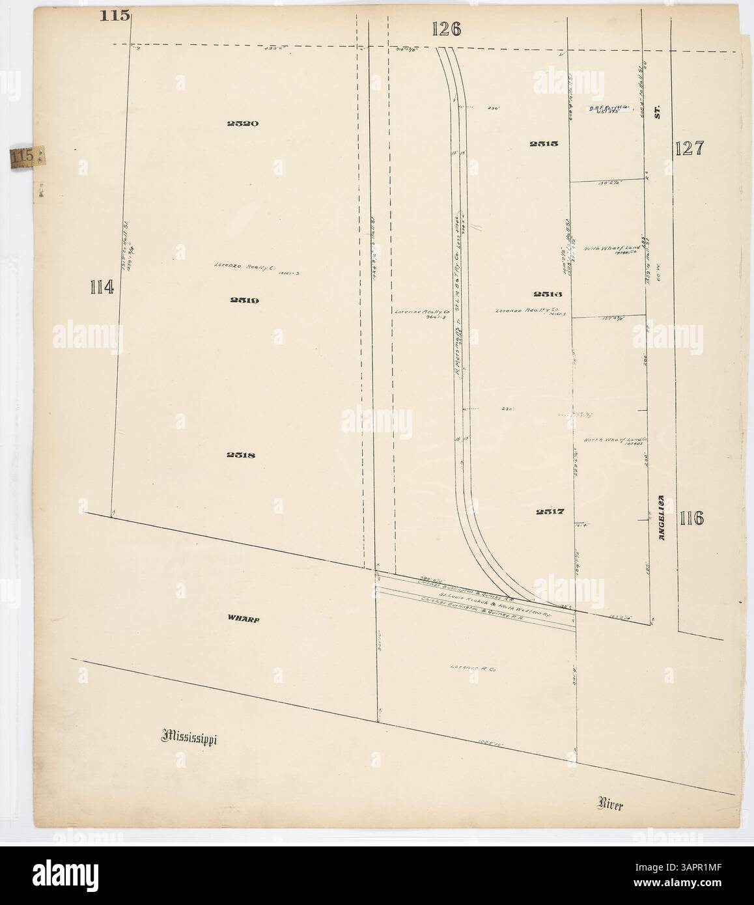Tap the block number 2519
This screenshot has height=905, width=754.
point(244,300)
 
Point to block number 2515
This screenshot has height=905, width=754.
point(544,144)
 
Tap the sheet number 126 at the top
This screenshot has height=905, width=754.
point(446,29)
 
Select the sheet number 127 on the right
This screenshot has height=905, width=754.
point(689,148)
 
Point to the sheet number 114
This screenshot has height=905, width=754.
point(102,286)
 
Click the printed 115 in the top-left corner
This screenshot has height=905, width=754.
point(115,16)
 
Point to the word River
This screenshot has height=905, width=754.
point(611,805)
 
